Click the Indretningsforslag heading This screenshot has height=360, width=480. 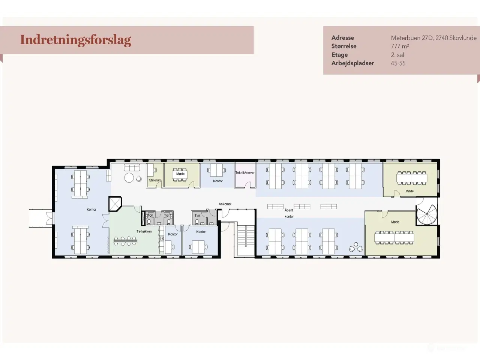75,40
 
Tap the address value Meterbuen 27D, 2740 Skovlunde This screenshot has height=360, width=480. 433,38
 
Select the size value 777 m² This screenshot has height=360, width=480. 400,46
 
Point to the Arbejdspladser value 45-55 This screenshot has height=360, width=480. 398,63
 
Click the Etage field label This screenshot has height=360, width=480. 339,55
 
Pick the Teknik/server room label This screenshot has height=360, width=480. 245,173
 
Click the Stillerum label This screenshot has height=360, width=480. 155,180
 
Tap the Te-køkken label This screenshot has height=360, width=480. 144,231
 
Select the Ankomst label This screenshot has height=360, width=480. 225,204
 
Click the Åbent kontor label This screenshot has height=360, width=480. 289,213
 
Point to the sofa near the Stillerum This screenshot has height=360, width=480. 132,167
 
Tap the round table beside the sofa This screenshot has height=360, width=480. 129,178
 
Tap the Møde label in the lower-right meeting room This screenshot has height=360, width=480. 395,222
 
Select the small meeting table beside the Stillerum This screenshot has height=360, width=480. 180,174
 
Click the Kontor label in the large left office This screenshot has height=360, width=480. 91,210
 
